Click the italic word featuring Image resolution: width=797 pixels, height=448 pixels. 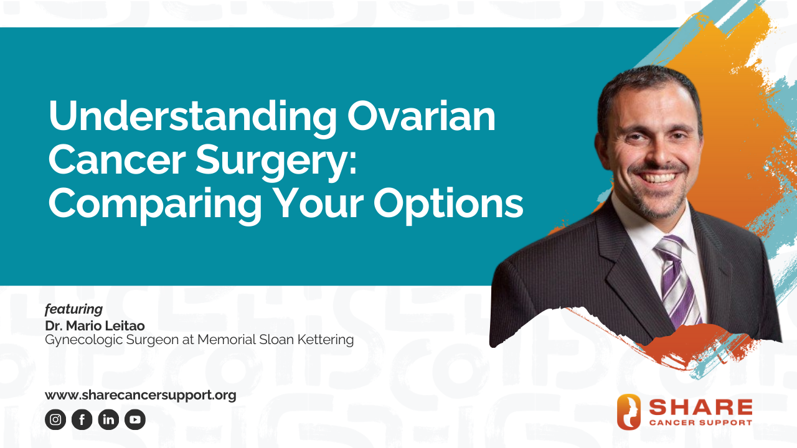[73, 309]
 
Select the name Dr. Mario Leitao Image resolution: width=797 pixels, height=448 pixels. [95, 326]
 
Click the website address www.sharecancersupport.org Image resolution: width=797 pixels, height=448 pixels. [140, 395]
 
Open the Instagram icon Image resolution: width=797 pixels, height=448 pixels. [55, 420]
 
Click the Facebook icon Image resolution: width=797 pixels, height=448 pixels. [82, 420]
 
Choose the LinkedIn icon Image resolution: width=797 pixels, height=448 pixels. [108, 420]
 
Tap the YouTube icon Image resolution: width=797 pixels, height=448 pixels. [135, 420]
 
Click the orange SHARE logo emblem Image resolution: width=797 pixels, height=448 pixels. [628, 412]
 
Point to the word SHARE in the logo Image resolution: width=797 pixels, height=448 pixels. [700, 408]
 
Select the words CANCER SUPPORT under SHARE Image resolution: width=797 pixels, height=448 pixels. [700, 422]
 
